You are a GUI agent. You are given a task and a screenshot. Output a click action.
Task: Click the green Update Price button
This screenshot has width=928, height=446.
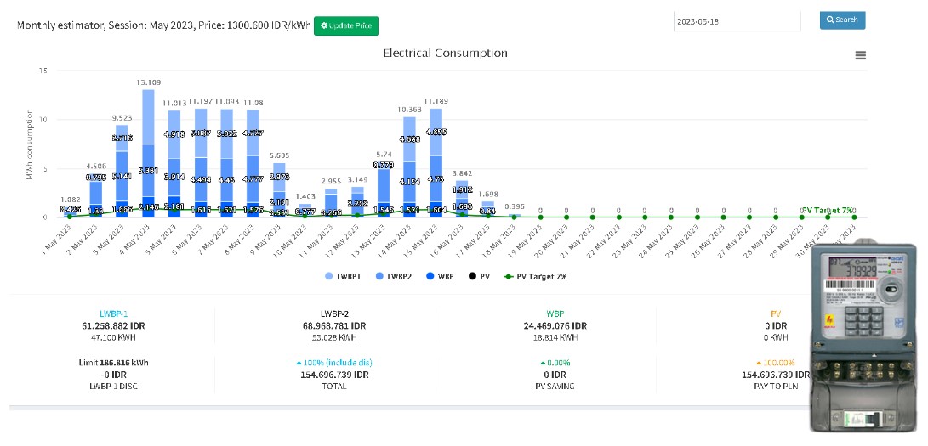pos(346,25)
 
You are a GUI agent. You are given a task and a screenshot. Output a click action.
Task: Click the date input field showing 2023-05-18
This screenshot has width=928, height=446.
pos(737,21)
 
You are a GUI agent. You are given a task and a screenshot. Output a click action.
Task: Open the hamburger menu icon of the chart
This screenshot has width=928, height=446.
pos(861,55)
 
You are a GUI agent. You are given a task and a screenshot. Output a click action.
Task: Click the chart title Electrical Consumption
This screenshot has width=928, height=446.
pos(445,53)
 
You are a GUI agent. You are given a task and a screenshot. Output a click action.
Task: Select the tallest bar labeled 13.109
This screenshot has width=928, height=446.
pos(148,153)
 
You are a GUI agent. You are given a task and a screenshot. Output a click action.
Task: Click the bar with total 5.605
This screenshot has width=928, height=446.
pos(279,191)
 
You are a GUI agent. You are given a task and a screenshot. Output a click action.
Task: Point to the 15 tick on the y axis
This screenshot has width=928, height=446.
pos(43,70)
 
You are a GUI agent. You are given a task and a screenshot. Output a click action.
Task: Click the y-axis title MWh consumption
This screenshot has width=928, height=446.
pos(31,144)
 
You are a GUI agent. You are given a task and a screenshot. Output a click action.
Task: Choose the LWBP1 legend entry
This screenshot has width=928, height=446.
pos(343,277)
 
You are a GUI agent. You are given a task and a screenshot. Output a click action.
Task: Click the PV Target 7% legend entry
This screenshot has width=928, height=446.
pos(535,277)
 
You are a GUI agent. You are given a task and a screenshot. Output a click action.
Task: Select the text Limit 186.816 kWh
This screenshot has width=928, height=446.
pos(111,363)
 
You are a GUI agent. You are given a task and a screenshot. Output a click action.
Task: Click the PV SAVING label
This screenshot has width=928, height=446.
pos(555,386)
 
